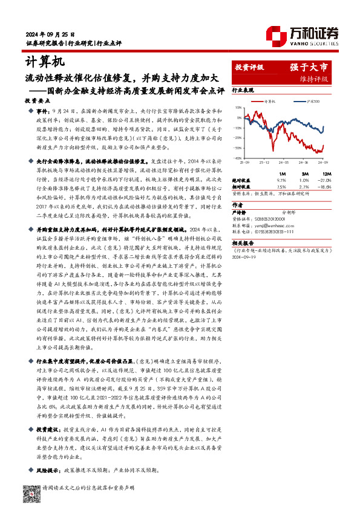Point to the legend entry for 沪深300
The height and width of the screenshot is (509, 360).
click(x=313, y=101)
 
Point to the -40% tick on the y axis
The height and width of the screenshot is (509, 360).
click(x=240, y=158)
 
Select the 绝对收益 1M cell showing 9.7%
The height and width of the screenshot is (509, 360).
click(x=280, y=180)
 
